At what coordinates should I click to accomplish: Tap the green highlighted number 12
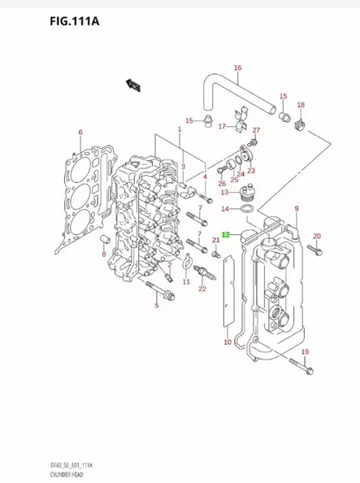tap(227, 234)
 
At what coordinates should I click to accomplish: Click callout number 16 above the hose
tap(238, 67)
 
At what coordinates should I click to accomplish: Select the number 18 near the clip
tap(301, 106)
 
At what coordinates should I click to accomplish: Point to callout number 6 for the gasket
tap(80, 133)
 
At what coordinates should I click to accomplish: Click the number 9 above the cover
tap(297, 209)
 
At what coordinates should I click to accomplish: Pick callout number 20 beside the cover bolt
tap(317, 237)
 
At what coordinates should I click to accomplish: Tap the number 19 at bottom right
tap(305, 350)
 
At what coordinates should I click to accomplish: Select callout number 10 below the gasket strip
tap(228, 342)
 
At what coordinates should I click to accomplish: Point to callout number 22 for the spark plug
tap(203, 289)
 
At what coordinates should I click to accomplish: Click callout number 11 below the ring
tap(186, 281)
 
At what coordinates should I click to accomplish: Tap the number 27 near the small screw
tap(255, 131)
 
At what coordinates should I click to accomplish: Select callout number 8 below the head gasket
tap(104, 255)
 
